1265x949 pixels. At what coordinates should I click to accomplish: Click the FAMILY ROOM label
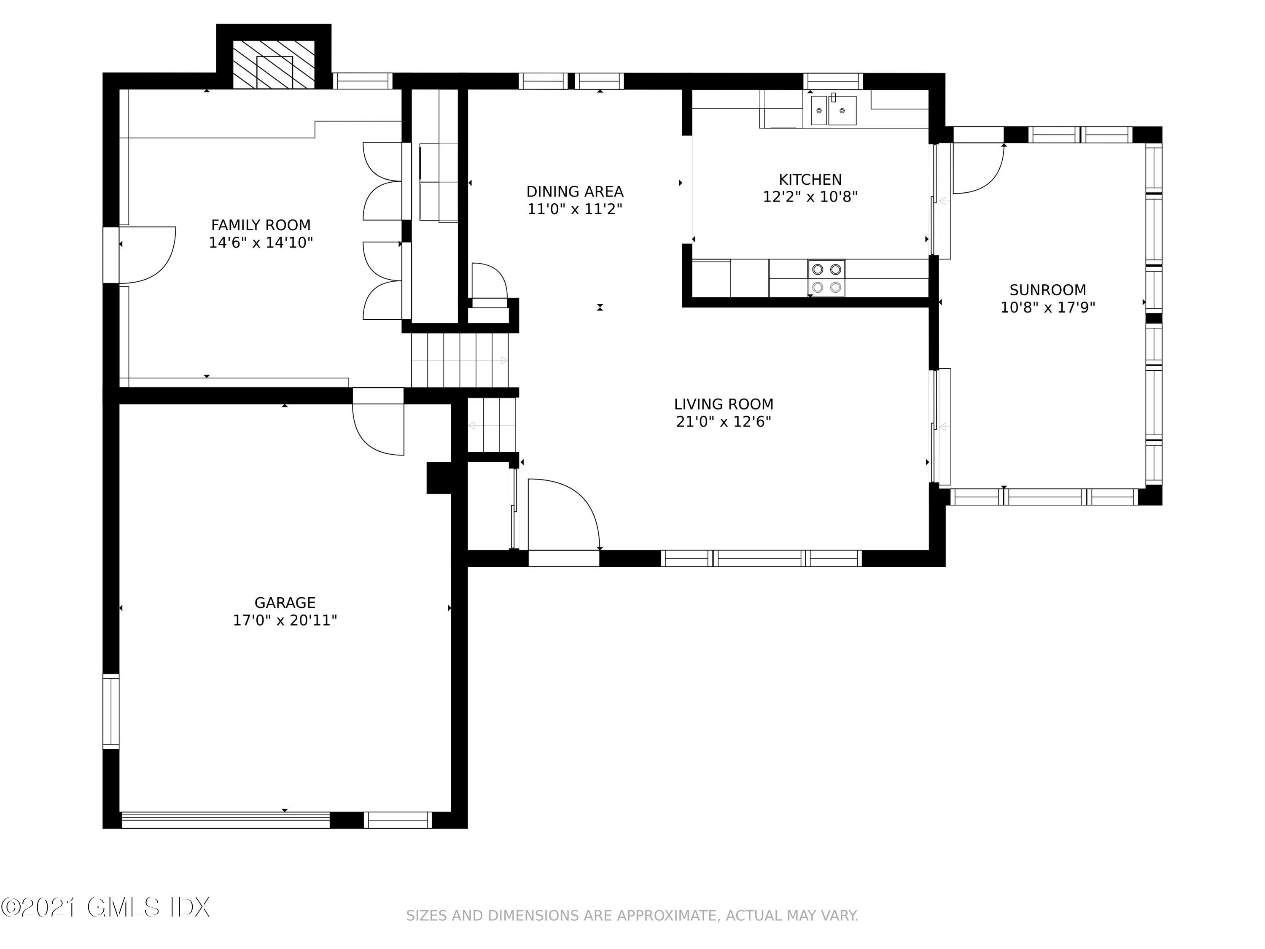[261, 225]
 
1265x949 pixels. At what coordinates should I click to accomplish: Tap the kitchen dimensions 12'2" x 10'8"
[810, 197]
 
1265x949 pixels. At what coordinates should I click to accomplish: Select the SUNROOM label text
[1048, 290]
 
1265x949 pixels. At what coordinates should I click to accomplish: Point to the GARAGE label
[285, 603]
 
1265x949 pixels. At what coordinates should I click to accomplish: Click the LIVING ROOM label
[724, 404]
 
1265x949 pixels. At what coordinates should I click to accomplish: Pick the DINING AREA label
[575, 191]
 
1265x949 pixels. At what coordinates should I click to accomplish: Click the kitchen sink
[834, 110]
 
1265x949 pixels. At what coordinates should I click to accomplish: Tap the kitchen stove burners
[826, 278]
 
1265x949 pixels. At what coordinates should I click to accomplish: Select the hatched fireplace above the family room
[274, 64]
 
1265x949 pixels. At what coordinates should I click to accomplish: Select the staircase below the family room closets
[460, 360]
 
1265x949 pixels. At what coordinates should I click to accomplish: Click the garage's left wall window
[111, 712]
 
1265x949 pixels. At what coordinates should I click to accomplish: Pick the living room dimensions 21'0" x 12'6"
[724, 422]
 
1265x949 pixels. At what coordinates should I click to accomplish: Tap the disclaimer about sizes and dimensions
[632, 916]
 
